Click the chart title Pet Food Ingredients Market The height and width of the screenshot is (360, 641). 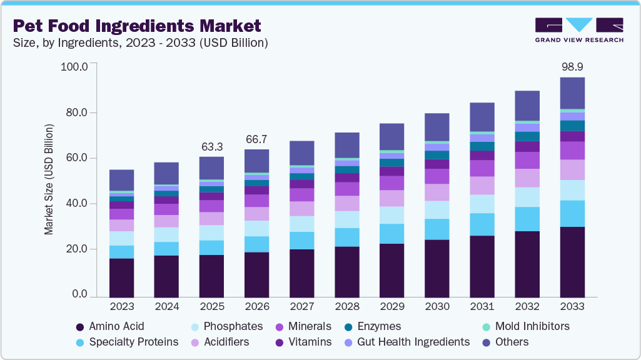coord(136,26)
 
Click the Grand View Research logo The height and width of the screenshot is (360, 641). coord(578,30)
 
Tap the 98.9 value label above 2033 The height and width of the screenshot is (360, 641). coord(572,66)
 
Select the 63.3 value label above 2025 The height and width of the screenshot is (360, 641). coord(211,147)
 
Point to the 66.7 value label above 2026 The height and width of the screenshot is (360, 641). coord(256,139)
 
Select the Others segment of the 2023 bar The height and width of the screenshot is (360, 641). coord(121,180)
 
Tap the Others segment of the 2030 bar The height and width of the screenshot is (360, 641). coord(437,127)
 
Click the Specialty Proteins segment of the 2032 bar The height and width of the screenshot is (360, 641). coord(527,219)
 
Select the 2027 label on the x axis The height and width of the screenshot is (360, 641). coord(301,307)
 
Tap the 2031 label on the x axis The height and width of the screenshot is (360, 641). coord(482,307)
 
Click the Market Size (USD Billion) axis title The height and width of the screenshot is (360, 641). coord(49,179)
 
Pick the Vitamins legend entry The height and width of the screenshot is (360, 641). coord(306,342)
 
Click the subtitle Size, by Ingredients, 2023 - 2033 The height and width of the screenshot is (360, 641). coord(141,43)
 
